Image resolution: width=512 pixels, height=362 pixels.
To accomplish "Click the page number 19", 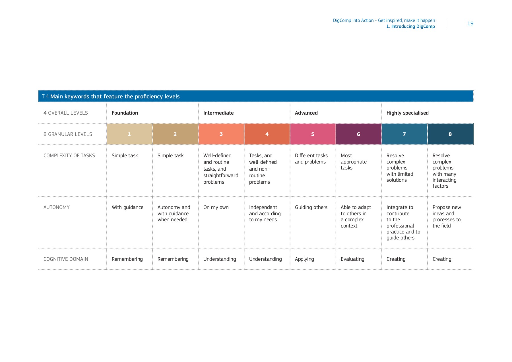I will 470,24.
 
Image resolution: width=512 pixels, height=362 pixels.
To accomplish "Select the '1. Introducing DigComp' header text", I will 410,26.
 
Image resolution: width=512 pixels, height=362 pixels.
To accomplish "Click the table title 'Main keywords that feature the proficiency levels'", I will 115,96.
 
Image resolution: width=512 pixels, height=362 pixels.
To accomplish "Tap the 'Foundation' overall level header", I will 125,113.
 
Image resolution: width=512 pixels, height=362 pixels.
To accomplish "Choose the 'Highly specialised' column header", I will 407,113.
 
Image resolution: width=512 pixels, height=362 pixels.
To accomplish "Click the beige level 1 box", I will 129,134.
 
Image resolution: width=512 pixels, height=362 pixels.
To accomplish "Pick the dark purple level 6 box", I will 358,134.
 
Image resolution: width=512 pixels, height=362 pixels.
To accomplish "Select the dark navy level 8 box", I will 450,134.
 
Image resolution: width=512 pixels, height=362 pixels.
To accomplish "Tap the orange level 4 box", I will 267,134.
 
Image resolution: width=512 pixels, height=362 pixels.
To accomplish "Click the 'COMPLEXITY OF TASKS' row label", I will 69,156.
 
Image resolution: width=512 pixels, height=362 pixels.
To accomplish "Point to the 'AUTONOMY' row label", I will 56,207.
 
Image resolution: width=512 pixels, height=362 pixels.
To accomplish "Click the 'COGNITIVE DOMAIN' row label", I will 66,259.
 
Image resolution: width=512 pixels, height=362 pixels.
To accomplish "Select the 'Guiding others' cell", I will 311,207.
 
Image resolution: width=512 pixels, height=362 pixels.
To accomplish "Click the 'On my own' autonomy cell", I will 216,207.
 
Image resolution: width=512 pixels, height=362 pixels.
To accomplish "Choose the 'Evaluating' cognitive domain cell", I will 352,259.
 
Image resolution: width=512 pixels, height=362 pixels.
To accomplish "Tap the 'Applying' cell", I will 304,259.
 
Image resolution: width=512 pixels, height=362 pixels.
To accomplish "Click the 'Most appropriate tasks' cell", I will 353,162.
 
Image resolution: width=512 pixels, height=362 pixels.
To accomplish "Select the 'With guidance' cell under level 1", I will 127,207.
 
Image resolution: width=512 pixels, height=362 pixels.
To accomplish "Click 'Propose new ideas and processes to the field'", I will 446,216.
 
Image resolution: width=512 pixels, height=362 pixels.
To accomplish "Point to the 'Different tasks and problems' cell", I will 311,159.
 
